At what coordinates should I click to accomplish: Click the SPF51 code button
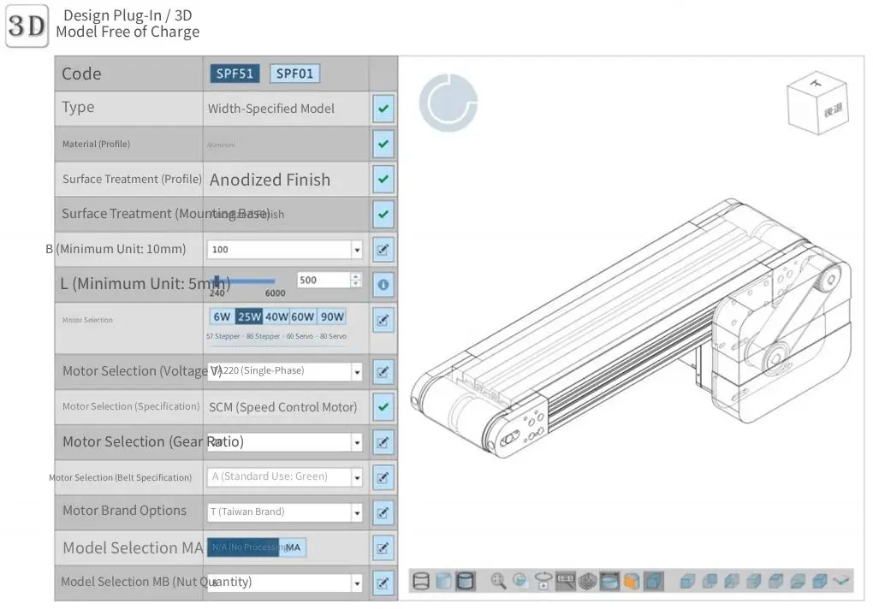click(x=235, y=74)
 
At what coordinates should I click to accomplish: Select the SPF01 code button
click(x=294, y=74)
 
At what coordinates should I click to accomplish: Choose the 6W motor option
click(x=222, y=316)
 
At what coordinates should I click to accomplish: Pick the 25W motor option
click(x=249, y=316)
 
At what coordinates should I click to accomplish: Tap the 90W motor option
click(x=332, y=316)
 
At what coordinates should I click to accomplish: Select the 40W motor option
click(x=276, y=316)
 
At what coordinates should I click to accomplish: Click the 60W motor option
click(x=303, y=316)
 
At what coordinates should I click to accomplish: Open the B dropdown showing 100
click(x=284, y=250)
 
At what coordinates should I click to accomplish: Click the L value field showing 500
click(x=324, y=280)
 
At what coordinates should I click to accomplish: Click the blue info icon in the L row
click(x=383, y=284)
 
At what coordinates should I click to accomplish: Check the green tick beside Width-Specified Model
click(x=383, y=109)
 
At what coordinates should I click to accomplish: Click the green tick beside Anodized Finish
click(x=383, y=180)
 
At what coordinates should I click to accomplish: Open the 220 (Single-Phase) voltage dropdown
click(x=284, y=371)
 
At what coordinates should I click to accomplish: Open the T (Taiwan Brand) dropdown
click(x=284, y=512)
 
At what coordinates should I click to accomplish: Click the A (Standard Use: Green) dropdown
click(x=284, y=476)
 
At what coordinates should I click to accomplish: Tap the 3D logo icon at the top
click(x=27, y=27)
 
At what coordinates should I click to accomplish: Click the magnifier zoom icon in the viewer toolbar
click(x=498, y=582)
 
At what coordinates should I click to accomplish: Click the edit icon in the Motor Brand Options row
click(x=383, y=513)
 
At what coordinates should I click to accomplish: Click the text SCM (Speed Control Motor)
click(x=283, y=407)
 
